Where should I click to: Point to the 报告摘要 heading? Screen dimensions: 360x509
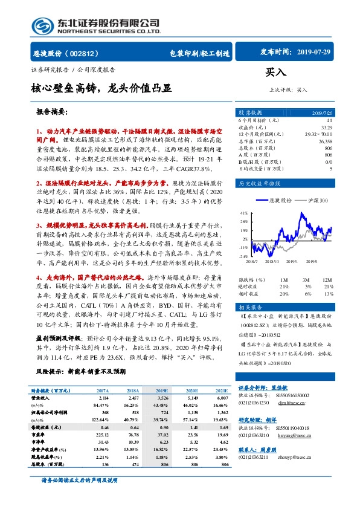point(52,112)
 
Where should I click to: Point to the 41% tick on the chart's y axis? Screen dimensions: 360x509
point(244,213)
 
